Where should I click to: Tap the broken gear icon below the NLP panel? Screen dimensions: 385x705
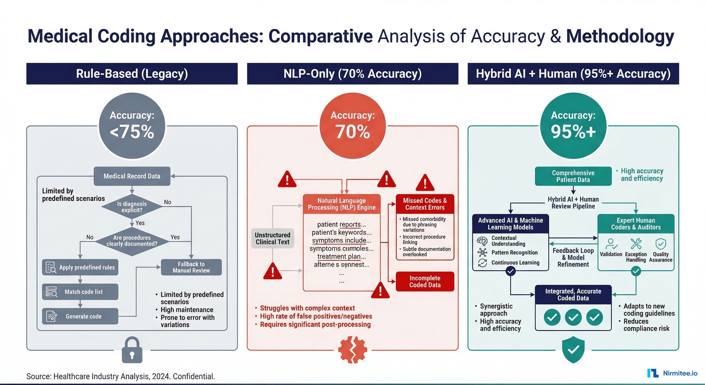pyautogui.click(x=352, y=350)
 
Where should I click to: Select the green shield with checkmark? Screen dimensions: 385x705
pyautogui.click(x=573, y=349)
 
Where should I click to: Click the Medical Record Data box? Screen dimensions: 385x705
pyautogui.click(x=132, y=176)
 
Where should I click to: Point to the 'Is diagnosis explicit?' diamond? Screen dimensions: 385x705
pyautogui.click(x=132, y=207)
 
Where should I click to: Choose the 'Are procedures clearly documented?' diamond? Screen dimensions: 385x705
pyautogui.click(x=132, y=241)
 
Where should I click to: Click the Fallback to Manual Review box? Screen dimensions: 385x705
pyautogui.click(x=191, y=267)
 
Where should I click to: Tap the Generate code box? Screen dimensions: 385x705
pyautogui.click(x=80, y=316)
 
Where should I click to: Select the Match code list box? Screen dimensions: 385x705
pyautogui.click(x=80, y=292)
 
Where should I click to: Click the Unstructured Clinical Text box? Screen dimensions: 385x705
pyautogui.click(x=272, y=238)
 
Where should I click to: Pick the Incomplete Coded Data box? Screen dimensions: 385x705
pyautogui.click(x=425, y=281)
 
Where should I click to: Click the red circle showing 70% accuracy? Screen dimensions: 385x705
pyautogui.click(x=352, y=126)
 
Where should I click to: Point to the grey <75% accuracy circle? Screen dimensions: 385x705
pyautogui.click(x=132, y=126)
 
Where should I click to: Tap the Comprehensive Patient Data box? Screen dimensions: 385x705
pyautogui.click(x=573, y=176)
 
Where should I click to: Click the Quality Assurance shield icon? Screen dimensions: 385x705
pyautogui.click(x=660, y=244)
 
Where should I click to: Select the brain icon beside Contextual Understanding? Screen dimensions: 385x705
pyautogui.click(x=482, y=241)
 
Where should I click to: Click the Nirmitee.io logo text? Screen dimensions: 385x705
pyautogui.click(x=680, y=373)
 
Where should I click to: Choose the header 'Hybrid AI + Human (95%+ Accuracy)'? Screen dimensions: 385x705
pyautogui.click(x=573, y=74)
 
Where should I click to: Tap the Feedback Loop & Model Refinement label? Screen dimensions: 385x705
pyautogui.click(x=573, y=257)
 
